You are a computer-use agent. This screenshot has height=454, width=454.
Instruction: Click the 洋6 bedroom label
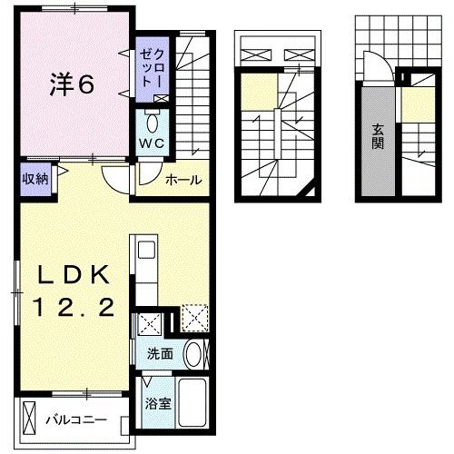(71, 85)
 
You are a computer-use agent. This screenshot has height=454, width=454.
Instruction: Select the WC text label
(150, 143)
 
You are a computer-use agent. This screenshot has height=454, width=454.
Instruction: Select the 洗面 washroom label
(160, 354)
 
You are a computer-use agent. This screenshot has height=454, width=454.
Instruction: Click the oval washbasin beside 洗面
(192, 354)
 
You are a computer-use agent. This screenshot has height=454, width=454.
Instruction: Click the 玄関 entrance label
(376, 136)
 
